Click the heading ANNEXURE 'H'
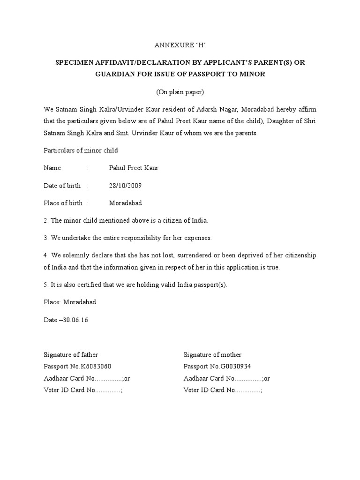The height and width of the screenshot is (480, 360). click(x=180, y=45)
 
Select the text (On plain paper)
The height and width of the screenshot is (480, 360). click(x=180, y=92)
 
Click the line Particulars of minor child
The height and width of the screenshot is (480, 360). click(x=81, y=150)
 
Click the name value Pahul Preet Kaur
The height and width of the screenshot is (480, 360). click(x=134, y=168)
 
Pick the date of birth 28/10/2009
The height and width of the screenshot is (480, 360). click(x=125, y=186)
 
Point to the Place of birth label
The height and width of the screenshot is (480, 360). click(x=63, y=203)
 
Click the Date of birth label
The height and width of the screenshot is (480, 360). click(x=62, y=186)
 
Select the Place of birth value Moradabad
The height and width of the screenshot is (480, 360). click(x=125, y=203)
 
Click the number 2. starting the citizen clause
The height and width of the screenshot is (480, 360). click(x=46, y=220)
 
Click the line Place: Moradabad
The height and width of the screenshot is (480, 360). click(x=70, y=302)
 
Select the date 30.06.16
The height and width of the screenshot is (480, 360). click(x=75, y=320)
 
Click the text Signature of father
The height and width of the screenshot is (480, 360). click(x=71, y=355)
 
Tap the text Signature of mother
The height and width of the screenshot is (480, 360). click(x=212, y=355)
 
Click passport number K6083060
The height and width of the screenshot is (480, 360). click(x=96, y=367)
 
